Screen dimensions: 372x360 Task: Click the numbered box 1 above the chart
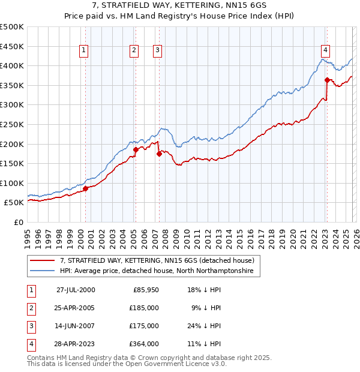[x=83, y=50]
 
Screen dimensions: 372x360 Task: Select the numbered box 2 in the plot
[x=133, y=50]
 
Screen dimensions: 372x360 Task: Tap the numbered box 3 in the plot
[x=157, y=50]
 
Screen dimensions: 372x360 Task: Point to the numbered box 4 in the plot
[x=325, y=50]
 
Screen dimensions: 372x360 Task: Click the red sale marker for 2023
[x=327, y=80]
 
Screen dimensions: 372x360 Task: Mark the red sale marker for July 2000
[x=85, y=188]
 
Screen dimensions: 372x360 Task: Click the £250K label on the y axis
[x=12, y=124]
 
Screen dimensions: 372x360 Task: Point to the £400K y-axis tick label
[x=12, y=65]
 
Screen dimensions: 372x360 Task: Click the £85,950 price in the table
[x=144, y=289]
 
